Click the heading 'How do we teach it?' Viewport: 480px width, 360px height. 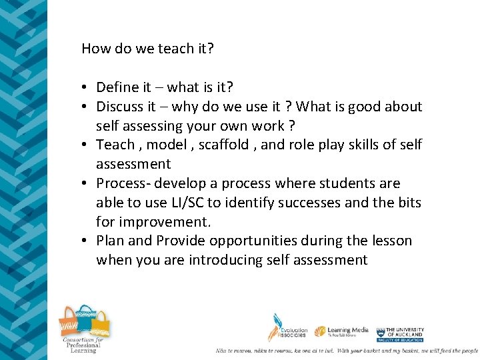(147, 49)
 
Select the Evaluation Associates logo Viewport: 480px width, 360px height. (287, 329)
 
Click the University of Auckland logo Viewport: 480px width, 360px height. (400, 333)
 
